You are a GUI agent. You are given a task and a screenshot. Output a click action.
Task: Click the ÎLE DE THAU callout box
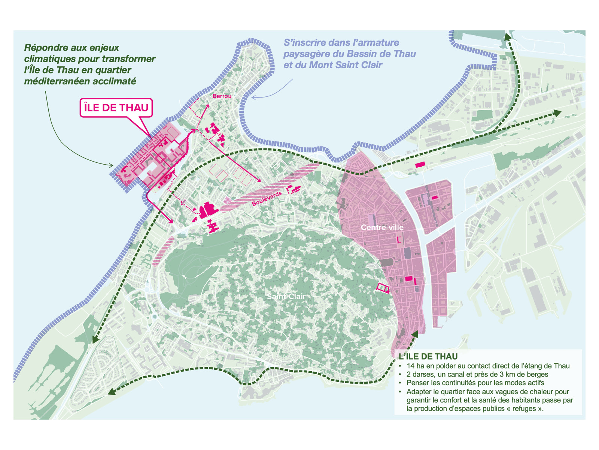116,108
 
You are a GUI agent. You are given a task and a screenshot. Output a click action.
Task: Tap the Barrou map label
222,96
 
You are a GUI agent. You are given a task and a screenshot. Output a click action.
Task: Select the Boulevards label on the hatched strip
267,199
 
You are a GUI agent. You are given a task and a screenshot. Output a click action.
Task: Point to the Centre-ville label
382,227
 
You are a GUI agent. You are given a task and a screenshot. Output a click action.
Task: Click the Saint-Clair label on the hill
286,296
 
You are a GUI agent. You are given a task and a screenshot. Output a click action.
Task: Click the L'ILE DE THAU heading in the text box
428,357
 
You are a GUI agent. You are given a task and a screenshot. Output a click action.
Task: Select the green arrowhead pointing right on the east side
557,112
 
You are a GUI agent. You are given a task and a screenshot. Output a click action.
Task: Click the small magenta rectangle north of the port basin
420,164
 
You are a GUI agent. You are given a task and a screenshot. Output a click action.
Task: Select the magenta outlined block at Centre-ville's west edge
383,288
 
